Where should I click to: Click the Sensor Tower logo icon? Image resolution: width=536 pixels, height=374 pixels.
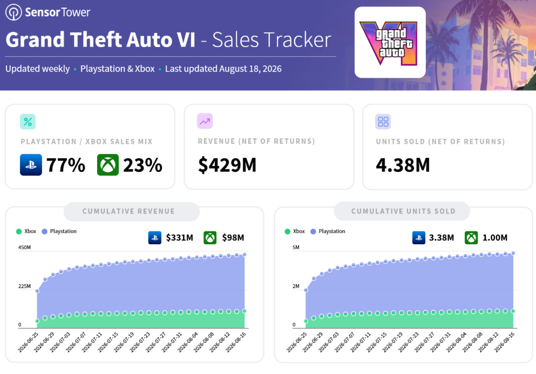13,12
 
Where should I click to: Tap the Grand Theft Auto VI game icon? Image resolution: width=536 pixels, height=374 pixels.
390,43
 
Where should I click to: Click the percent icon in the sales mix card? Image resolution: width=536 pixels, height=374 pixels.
28,122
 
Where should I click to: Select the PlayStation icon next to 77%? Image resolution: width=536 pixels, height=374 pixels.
31,165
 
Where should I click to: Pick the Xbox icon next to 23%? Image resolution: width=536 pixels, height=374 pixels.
107,165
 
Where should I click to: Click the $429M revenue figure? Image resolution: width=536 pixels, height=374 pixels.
227,165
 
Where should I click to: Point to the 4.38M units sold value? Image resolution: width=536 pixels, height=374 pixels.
403,165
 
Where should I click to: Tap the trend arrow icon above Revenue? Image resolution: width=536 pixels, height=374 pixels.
205,121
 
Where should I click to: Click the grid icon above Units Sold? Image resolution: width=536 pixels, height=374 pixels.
383,122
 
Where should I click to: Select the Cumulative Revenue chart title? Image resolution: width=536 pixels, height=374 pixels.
128,211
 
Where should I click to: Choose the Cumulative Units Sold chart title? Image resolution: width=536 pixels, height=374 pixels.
403,211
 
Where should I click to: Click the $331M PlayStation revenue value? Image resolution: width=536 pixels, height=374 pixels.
179,237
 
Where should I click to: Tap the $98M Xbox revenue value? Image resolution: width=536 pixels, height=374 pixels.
233,237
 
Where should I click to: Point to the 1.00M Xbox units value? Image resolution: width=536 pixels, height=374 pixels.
494,237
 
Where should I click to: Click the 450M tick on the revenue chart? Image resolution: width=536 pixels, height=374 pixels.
25,248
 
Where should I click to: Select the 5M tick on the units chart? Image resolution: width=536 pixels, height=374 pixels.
296,248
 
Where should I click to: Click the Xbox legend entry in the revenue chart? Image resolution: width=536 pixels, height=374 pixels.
26,231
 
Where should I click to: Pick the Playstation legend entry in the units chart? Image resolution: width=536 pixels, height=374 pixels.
328,231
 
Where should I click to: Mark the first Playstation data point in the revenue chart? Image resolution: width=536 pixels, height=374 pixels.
37,291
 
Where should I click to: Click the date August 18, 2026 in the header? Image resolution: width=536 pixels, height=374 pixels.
250,69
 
